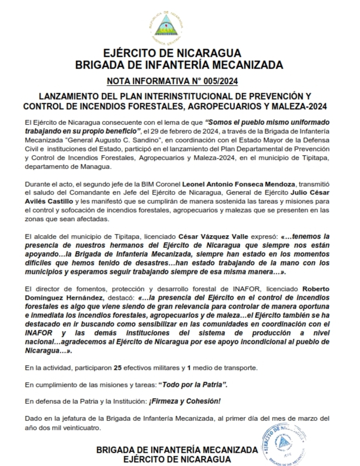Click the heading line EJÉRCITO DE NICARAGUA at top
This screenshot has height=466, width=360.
(x=172, y=54)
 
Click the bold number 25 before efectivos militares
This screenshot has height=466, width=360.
(x=117, y=367)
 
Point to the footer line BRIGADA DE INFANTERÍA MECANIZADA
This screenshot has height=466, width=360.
(x=177, y=449)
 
